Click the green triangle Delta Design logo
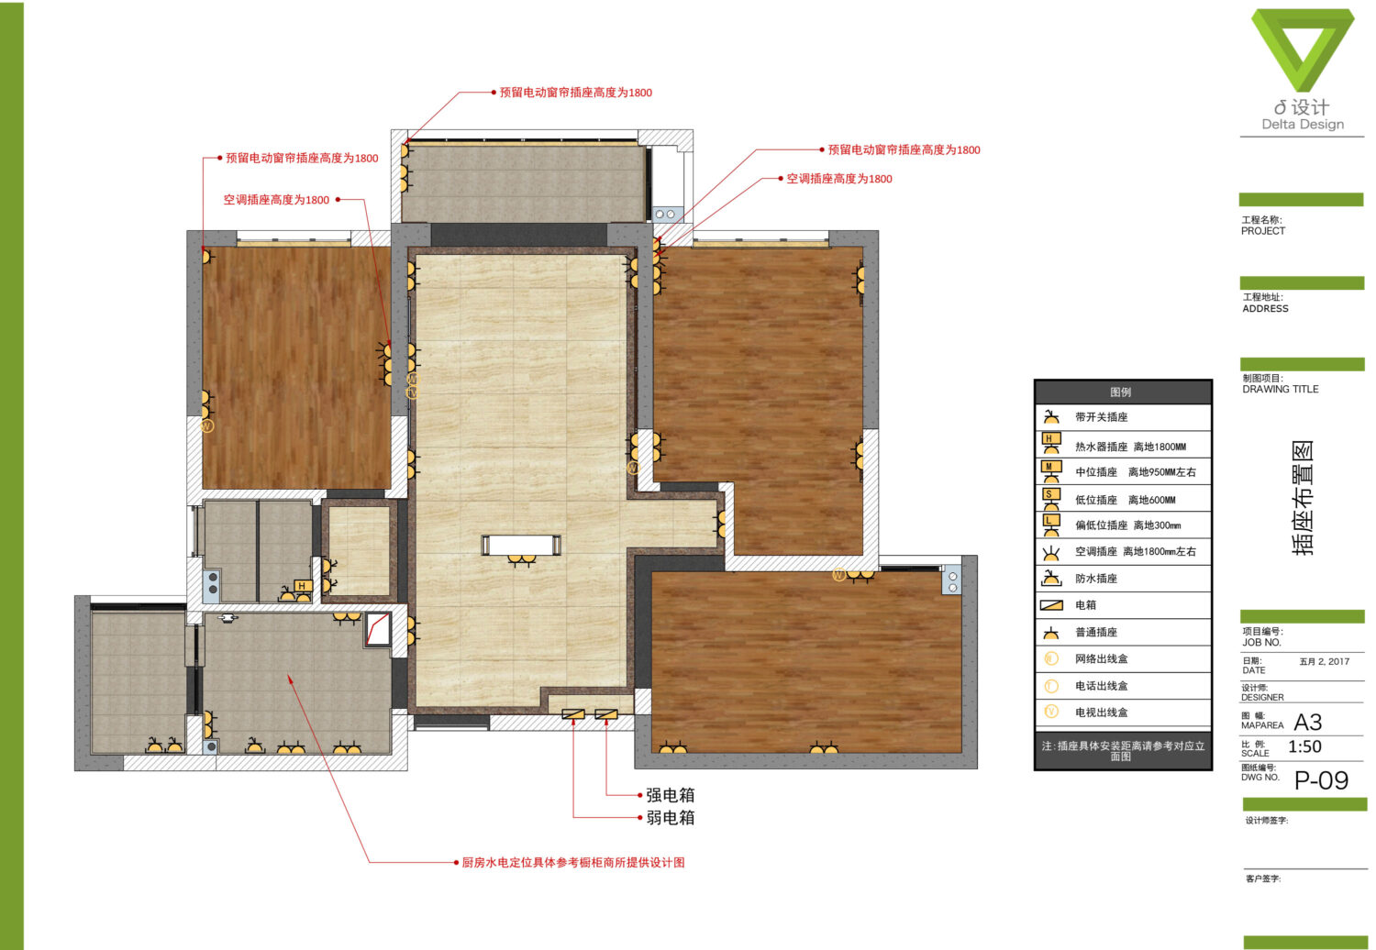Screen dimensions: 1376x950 click(1303, 50)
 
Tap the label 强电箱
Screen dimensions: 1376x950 click(671, 795)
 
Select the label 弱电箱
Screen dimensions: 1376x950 click(671, 818)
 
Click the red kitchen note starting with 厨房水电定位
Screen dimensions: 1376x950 click(573, 863)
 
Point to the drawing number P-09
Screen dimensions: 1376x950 click(1321, 780)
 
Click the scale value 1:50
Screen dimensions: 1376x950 click(1304, 746)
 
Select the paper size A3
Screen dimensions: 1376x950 click(1308, 723)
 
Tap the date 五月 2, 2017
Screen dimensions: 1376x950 click(1325, 661)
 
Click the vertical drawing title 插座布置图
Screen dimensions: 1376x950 click(1303, 497)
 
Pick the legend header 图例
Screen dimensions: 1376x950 click(1121, 392)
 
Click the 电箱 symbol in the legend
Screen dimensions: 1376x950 click(1051, 605)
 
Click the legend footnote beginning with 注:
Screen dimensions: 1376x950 click(1122, 751)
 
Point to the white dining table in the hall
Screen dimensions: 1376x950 click(521, 545)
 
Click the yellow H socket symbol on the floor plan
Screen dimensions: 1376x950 click(302, 587)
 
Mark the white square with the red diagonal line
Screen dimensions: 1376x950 click(378, 629)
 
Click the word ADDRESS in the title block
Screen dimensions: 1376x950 click(1265, 309)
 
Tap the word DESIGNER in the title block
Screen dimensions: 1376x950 click(1262, 698)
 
